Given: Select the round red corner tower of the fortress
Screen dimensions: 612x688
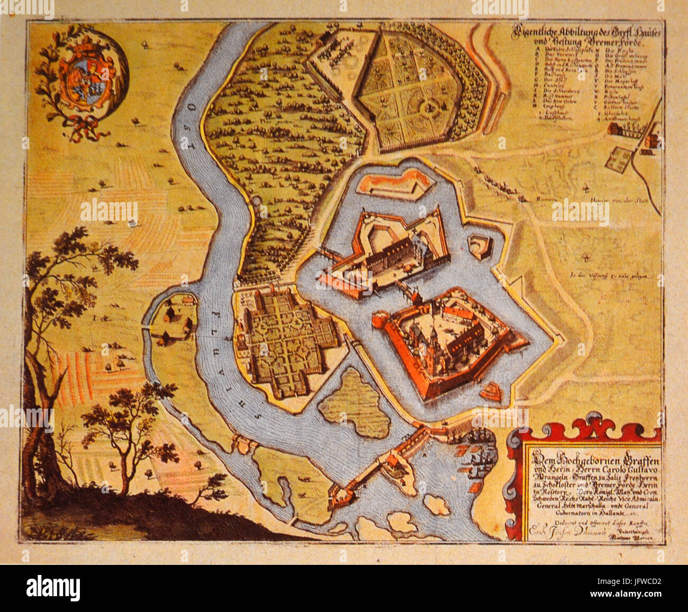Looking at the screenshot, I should click(x=380, y=320).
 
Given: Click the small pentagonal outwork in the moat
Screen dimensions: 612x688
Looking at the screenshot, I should click(x=481, y=246).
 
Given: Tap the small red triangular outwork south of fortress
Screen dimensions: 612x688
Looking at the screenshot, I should click(x=491, y=391).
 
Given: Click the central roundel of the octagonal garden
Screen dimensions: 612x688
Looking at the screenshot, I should click(x=428, y=108).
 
